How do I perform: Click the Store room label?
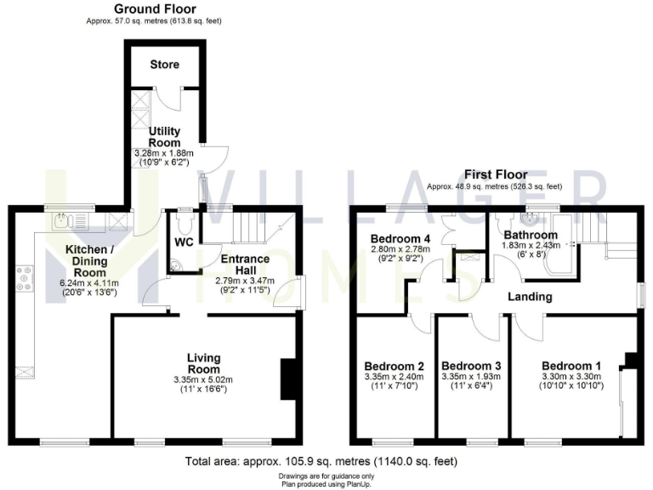point(164,65)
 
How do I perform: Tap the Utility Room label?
point(164,137)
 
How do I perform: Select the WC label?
point(183,242)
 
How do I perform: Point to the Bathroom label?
point(531,236)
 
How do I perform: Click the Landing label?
point(531,297)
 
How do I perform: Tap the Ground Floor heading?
point(150,8)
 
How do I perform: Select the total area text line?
point(321,462)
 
